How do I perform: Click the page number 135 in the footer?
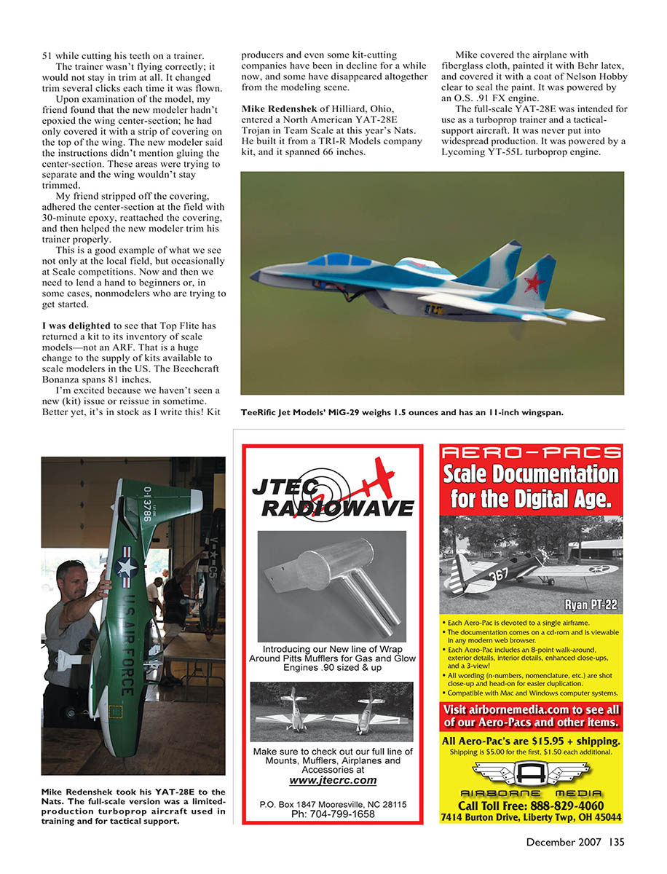pos(615,843)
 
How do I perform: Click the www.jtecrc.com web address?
pos(333,780)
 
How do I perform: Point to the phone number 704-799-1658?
pos(333,814)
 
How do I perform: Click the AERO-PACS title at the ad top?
pos(532,453)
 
